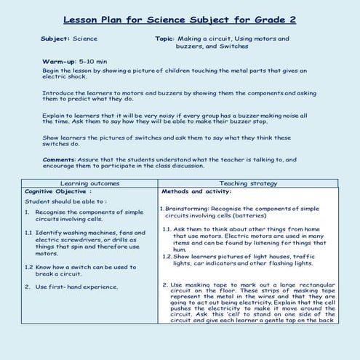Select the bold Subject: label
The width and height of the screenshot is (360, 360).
point(57,38)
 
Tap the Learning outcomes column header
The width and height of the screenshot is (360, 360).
point(89,183)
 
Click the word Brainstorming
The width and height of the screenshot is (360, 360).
point(189,209)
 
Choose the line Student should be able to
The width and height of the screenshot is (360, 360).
point(66,201)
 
